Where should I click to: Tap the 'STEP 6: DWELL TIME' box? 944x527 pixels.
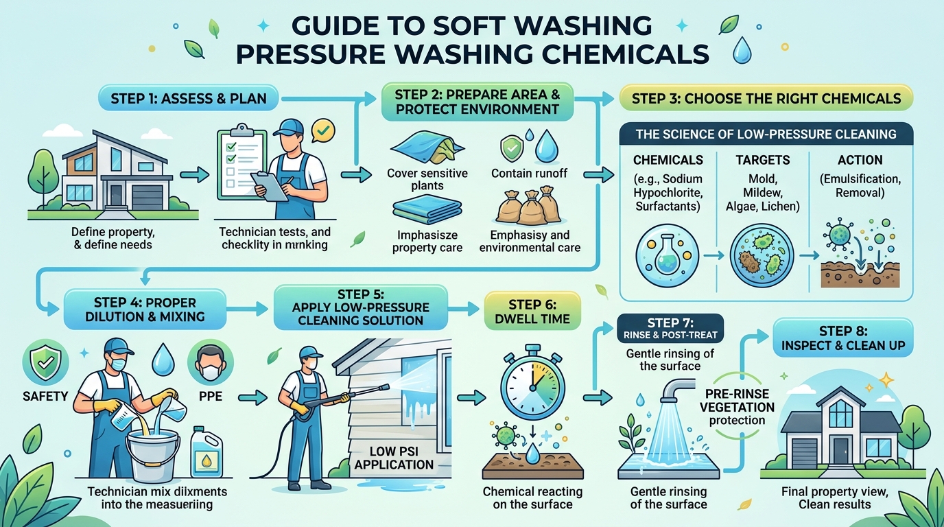(532, 312)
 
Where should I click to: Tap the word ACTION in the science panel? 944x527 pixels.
(860, 160)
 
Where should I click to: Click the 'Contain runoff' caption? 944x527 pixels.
(529, 174)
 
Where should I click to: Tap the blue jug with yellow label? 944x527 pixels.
(207, 453)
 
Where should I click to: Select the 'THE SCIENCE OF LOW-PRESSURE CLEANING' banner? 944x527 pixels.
(766, 134)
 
